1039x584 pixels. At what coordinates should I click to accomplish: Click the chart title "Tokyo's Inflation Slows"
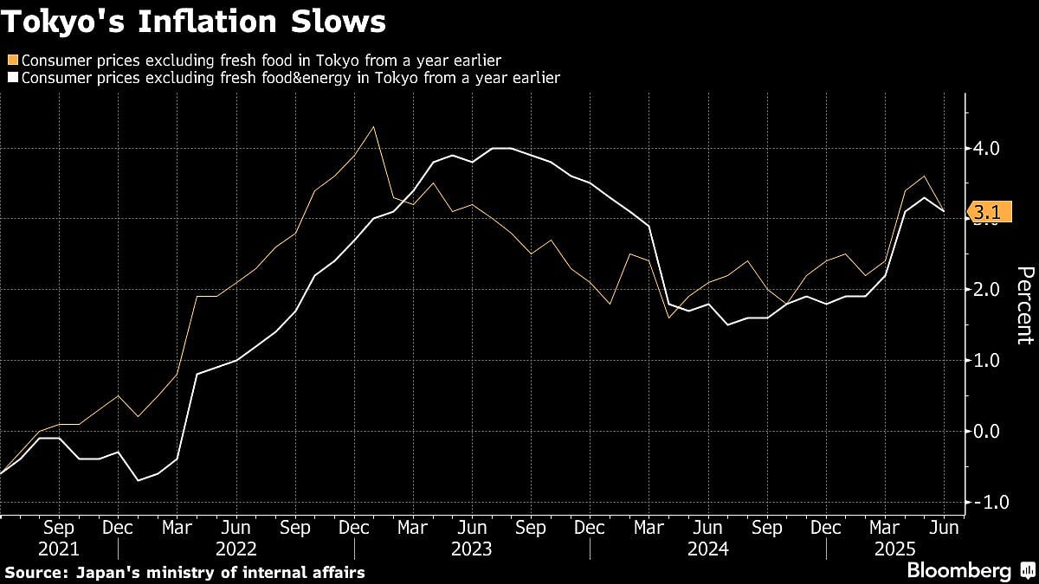tap(195, 22)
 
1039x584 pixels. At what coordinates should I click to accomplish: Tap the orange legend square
tap(11, 61)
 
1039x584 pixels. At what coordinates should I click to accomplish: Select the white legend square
tap(11, 78)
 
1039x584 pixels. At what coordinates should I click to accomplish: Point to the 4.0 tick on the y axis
tap(987, 148)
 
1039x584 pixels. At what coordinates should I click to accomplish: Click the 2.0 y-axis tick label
tap(987, 289)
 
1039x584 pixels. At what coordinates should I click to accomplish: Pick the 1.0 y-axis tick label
tap(987, 360)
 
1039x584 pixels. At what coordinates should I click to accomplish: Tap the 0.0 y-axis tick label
tap(987, 431)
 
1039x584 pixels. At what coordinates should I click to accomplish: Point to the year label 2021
tap(59, 549)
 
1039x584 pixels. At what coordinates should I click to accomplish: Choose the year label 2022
tap(236, 549)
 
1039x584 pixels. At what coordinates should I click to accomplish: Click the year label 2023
tap(472, 549)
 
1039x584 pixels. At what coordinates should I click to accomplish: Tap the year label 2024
tap(707, 549)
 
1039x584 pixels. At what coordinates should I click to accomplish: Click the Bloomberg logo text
tap(958, 571)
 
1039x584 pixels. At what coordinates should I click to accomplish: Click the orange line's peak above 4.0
tap(373, 127)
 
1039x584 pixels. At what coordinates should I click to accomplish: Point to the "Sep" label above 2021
tap(59, 528)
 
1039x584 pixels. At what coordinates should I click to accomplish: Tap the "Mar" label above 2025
tap(885, 528)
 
